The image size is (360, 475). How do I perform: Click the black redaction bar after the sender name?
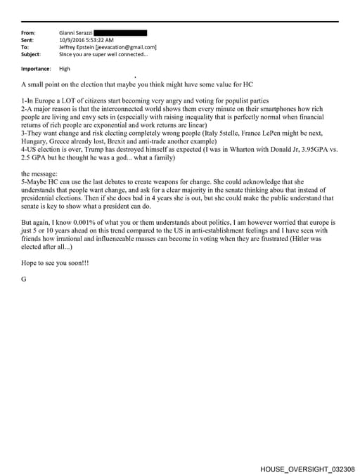coord(120,32)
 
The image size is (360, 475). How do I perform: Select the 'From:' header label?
coord(29,33)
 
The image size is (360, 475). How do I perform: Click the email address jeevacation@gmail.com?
coord(127,47)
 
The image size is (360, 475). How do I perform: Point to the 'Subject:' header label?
coord(31,54)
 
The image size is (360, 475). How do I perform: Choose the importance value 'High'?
coord(65,69)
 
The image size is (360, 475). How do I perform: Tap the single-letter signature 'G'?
coord(24,279)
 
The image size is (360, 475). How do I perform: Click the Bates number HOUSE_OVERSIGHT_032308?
coord(307,468)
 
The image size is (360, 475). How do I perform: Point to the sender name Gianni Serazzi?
coord(75,33)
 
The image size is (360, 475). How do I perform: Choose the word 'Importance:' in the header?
coord(36,69)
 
